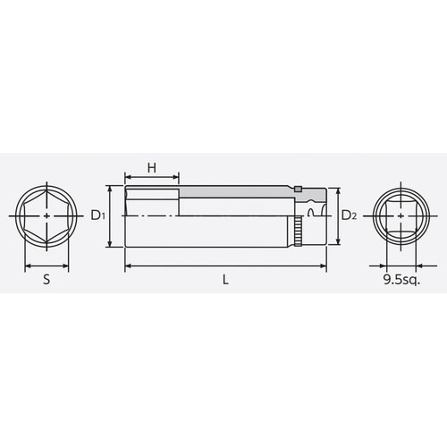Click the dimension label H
(151, 167)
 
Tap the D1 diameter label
(98, 215)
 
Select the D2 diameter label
(350, 215)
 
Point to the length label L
(226, 279)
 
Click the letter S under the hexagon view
(46, 279)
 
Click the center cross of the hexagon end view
(46, 216)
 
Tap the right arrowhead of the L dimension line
(323, 266)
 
